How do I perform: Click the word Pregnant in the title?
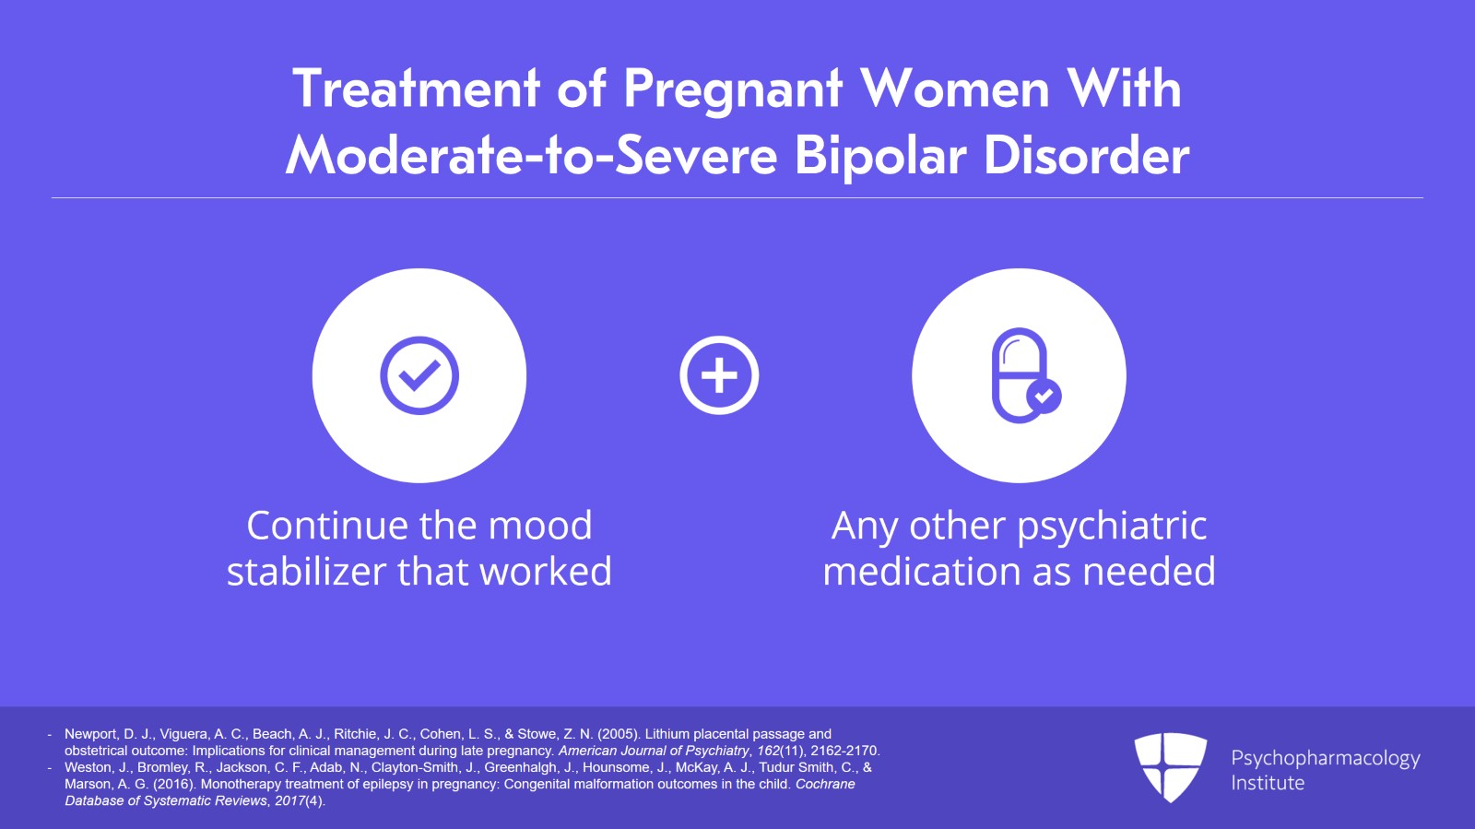pyautogui.click(x=733, y=90)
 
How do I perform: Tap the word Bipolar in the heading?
pyautogui.click(x=880, y=155)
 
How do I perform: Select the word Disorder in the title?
pyautogui.click(x=1086, y=155)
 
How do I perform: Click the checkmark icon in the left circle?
pyautogui.click(x=419, y=375)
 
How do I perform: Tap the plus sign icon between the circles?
pyautogui.click(x=719, y=375)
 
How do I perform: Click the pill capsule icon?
pyautogui.click(x=1020, y=375)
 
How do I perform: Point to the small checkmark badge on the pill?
pyautogui.click(x=1044, y=397)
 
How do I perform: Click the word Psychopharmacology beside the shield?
pyautogui.click(x=1325, y=759)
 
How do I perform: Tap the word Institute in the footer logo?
pyautogui.click(x=1268, y=783)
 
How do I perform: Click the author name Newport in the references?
pyautogui.click(x=90, y=734)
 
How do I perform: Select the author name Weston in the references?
pyautogui.click(x=86, y=767)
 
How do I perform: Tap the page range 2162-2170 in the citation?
pyautogui.click(x=844, y=751)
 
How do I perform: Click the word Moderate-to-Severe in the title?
pyautogui.click(x=532, y=155)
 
